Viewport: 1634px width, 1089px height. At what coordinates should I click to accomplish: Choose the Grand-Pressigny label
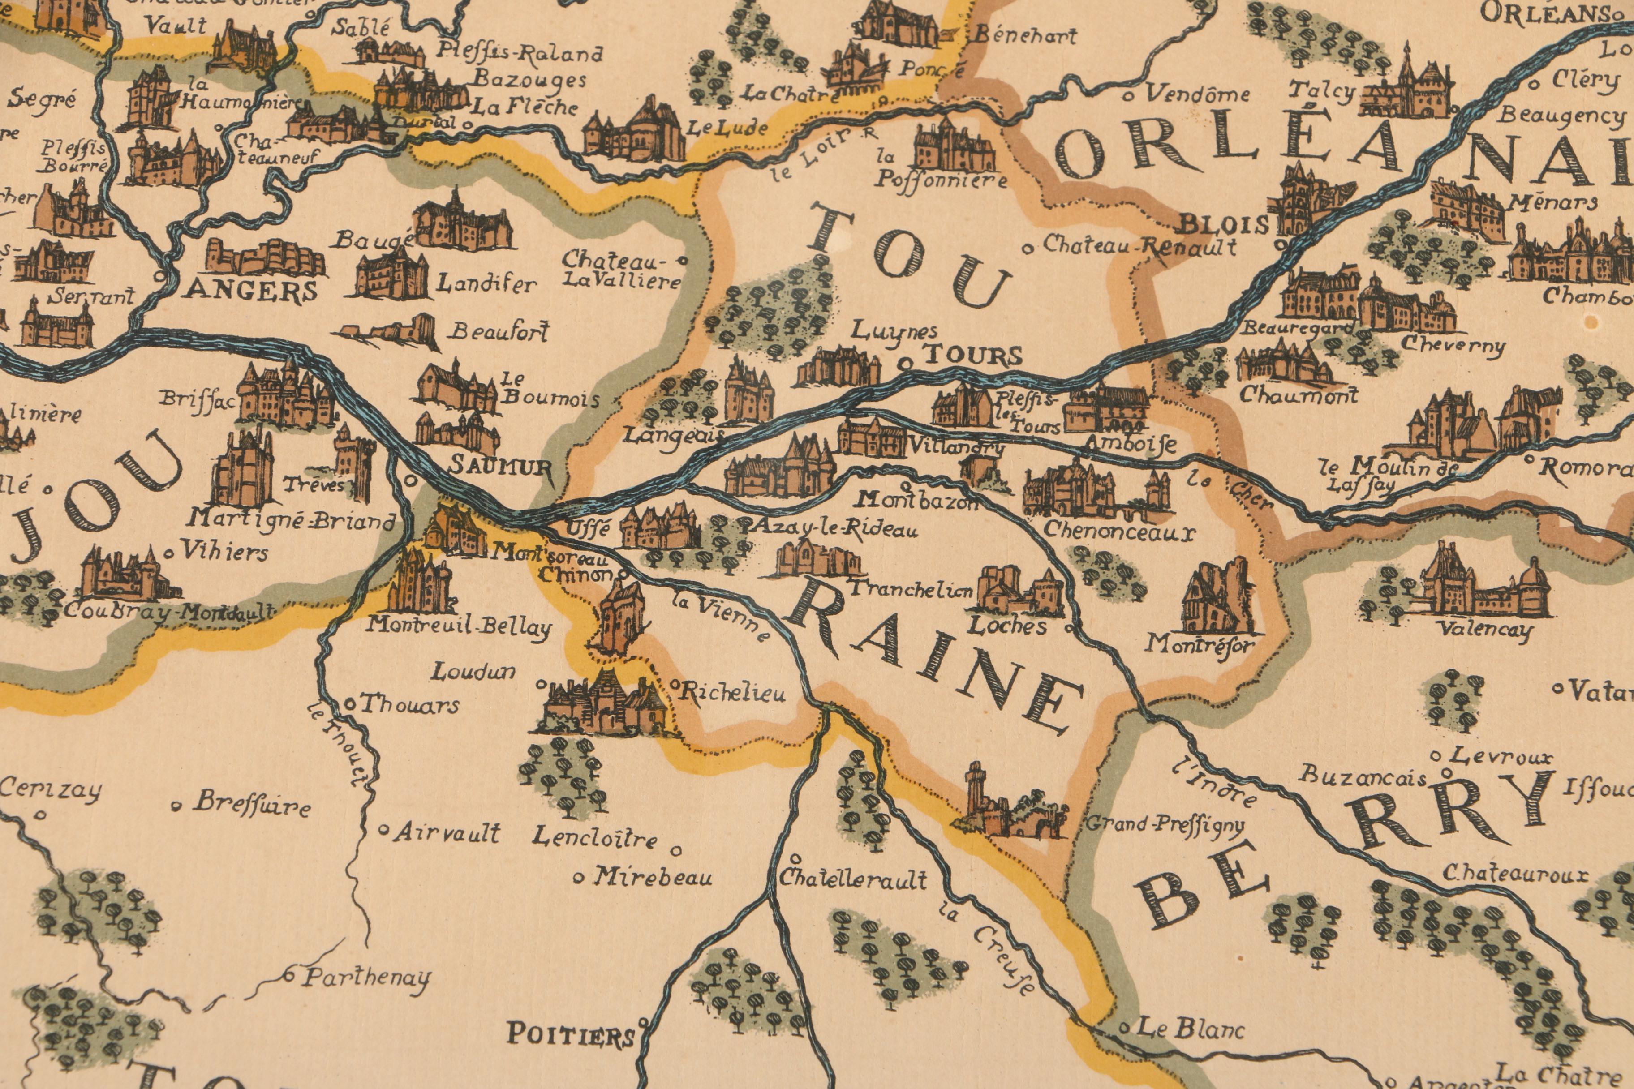click(x=1165, y=824)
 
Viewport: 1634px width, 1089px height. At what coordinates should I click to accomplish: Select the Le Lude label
click(x=727, y=128)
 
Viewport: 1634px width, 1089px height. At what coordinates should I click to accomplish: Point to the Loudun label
click(x=474, y=672)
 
